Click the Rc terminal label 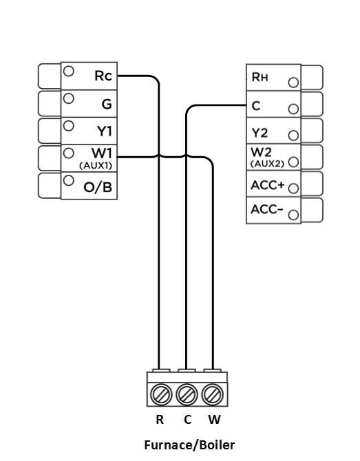point(103,76)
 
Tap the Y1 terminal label point(103,130)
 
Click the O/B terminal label point(98,186)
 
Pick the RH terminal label point(260,78)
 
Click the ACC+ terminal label point(267,184)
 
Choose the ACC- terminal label point(267,209)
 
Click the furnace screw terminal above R point(160,395)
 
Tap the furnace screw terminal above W point(213,395)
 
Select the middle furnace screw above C point(187,395)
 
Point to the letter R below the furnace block point(160,420)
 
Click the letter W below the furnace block point(214,420)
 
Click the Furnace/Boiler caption point(189,445)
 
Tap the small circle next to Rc point(69,72)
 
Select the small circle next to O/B point(69,181)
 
